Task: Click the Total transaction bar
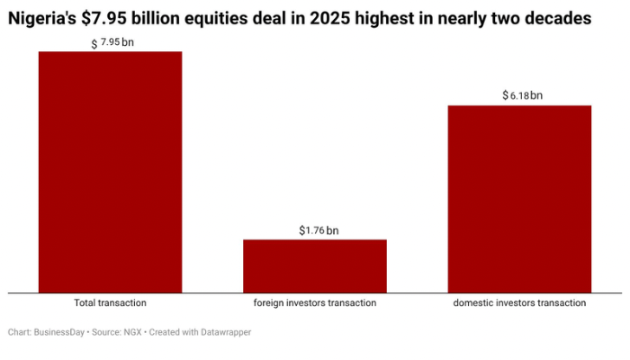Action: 110,172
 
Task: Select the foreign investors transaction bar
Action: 315,265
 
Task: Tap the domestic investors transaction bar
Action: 519,199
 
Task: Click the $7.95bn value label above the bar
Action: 112,42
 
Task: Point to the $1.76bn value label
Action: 319,230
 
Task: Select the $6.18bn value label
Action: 522,95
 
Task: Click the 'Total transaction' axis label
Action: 110,303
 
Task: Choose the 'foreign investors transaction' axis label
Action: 315,303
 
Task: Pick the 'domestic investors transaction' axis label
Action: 519,303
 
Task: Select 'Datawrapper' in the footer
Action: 226,332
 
